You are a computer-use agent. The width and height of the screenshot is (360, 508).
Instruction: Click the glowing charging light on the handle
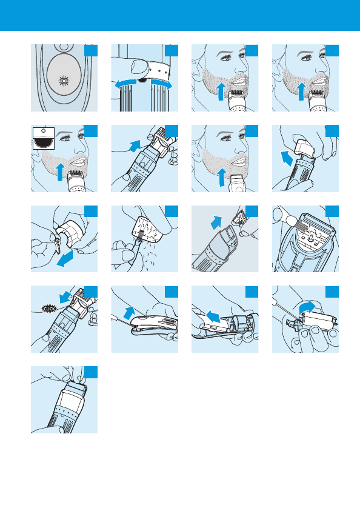(64, 81)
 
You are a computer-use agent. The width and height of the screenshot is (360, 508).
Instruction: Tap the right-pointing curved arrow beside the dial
(161, 84)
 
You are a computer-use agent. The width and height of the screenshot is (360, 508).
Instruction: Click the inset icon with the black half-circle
(44, 138)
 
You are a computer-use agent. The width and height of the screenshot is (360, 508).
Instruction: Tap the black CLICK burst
(49, 308)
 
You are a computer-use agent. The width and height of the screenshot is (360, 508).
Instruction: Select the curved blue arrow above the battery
(307, 307)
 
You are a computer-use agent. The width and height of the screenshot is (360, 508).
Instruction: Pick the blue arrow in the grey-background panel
(216, 222)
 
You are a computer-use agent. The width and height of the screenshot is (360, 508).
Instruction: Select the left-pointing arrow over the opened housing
(214, 316)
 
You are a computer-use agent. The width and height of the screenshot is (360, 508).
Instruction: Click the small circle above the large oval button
(64, 47)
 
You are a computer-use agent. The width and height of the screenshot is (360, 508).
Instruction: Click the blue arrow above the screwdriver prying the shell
(129, 313)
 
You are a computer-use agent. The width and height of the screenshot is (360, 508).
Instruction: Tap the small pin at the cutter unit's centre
(310, 239)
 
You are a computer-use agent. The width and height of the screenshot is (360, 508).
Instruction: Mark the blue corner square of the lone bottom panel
(91, 372)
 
